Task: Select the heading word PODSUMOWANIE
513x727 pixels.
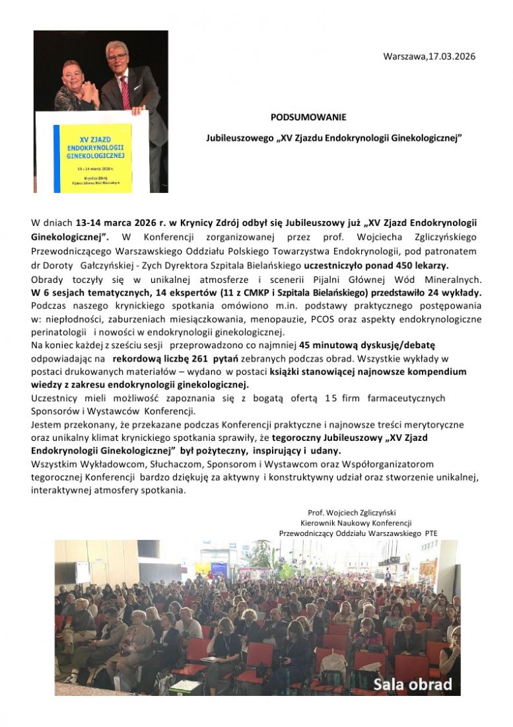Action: point(308,117)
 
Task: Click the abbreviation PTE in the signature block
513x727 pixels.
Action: point(430,532)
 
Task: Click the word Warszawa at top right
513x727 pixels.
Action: point(405,57)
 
